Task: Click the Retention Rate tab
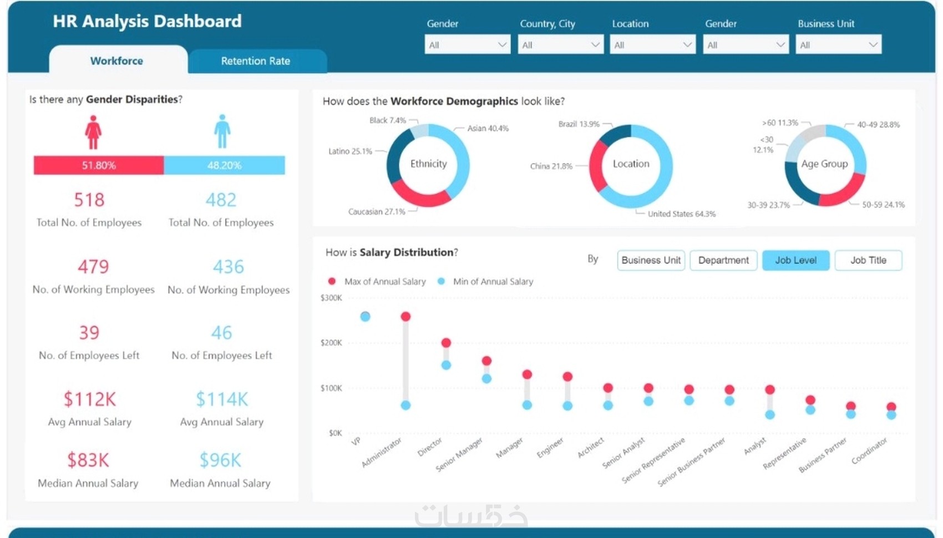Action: pyautogui.click(x=256, y=61)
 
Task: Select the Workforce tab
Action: pyautogui.click(x=116, y=61)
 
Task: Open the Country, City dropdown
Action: pyautogui.click(x=560, y=45)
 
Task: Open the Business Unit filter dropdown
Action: pyautogui.click(x=838, y=45)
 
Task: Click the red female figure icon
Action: pyautogui.click(x=93, y=132)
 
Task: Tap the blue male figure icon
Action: pyautogui.click(x=222, y=131)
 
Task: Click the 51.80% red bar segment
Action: pyautogui.click(x=99, y=165)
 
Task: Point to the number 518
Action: pyautogui.click(x=89, y=200)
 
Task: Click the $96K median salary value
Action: pyautogui.click(x=220, y=460)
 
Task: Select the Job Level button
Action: pyautogui.click(x=795, y=260)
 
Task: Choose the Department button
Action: pyautogui.click(x=723, y=260)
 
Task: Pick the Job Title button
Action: pyautogui.click(x=868, y=260)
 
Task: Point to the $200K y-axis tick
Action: pyautogui.click(x=331, y=343)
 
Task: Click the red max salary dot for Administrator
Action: pyautogui.click(x=405, y=317)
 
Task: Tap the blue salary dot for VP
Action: pyautogui.click(x=365, y=317)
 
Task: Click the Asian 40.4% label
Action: pyautogui.click(x=488, y=129)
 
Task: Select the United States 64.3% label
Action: pyautogui.click(x=681, y=214)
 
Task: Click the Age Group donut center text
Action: pyautogui.click(x=824, y=164)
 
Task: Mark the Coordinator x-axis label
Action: pyautogui.click(x=869, y=451)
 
